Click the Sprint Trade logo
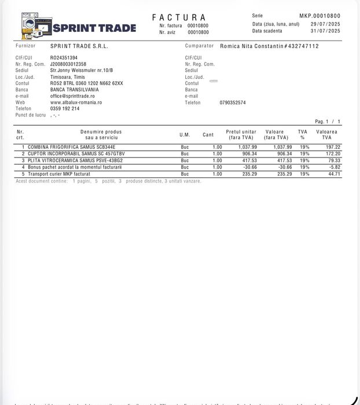tap(78, 27)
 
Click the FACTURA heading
tap(179, 17)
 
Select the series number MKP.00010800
tap(319, 16)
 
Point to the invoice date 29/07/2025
tap(325, 24)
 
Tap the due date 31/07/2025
tap(325, 31)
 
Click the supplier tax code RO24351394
tap(64, 58)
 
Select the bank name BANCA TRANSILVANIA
tap(74, 90)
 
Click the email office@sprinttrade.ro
tap(72, 96)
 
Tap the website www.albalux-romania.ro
tap(76, 103)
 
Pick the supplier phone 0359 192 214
tap(65, 109)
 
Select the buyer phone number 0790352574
tap(233, 103)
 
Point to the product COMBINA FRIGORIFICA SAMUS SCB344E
tap(71, 147)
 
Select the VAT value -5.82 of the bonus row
tap(334, 167)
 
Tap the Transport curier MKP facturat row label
tap(58, 174)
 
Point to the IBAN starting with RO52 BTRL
tap(86, 83)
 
